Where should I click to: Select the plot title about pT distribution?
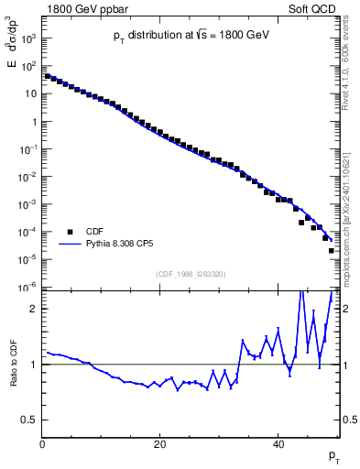pyautogui.click(x=184, y=35)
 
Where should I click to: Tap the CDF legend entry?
pyautogui.click(x=96, y=232)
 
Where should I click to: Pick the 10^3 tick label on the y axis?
pyautogui.click(x=28, y=38)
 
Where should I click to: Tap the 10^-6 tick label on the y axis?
pyautogui.click(x=27, y=288)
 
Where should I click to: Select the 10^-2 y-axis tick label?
pyautogui.click(x=27, y=177)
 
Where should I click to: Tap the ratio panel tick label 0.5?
pyautogui.click(x=29, y=420)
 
